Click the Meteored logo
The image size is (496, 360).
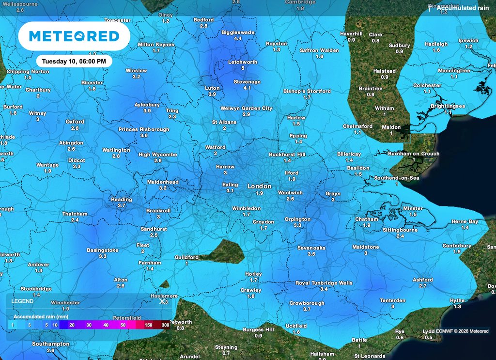point(74,36)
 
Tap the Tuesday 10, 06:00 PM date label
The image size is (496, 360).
point(74,62)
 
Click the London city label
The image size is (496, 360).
point(259,186)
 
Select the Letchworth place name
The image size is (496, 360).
point(243,62)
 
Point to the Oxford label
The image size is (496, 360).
point(75,122)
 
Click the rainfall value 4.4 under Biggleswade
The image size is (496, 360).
point(238,38)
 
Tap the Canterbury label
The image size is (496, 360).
point(457,246)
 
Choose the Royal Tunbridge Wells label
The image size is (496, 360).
point(324,283)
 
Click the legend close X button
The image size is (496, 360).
point(162,301)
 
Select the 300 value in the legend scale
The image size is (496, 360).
point(165,325)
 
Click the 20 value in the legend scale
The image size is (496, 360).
point(71,325)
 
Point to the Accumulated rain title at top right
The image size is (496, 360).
point(463,8)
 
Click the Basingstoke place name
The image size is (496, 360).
point(103,250)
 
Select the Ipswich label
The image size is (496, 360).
point(468,41)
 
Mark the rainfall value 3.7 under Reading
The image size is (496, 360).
point(121,205)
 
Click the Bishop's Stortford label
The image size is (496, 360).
point(307,91)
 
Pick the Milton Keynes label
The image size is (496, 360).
point(156,45)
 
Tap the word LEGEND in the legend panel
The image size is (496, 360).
point(22,301)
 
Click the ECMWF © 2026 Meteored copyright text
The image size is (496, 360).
point(462,331)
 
